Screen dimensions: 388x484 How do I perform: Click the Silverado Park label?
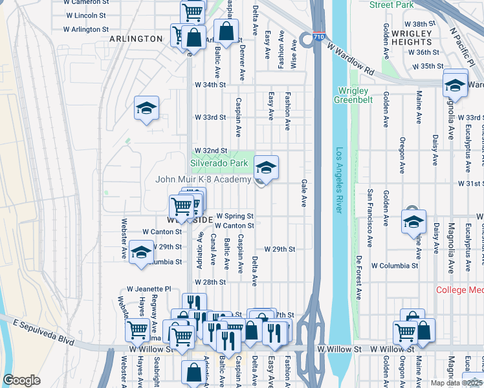point(219,164)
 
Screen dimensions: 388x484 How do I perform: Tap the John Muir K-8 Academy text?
point(203,179)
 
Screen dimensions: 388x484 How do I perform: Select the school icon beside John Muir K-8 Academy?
point(266,168)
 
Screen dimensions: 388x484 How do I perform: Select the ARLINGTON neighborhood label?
point(136,39)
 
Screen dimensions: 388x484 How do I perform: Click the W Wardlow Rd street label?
point(351,58)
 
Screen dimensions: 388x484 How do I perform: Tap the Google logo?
point(21,380)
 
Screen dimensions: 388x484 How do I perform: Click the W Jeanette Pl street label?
point(149,289)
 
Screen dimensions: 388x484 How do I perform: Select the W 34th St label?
point(210,85)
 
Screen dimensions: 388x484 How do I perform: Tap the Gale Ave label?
point(303,193)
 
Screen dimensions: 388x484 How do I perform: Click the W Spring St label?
point(234,215)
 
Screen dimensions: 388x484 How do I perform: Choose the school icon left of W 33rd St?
point(147,108)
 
